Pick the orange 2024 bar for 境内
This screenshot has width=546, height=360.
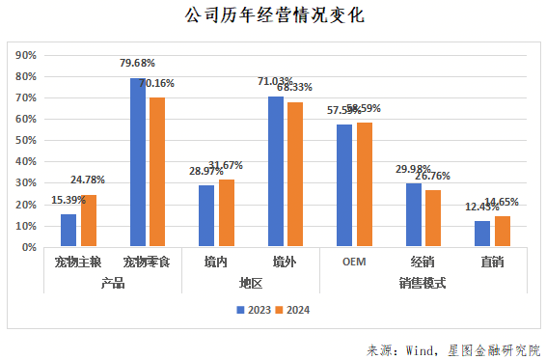tap(227, 212)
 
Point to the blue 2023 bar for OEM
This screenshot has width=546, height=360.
tap(344, 185)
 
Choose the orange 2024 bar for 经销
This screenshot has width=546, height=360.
tap(433, 218)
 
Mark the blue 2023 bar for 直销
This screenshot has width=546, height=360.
tap(482, 234)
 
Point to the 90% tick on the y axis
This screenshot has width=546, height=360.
tap(27, 55)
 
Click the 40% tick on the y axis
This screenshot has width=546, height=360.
tap(27, 161)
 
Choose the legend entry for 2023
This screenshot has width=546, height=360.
tap(254, 310)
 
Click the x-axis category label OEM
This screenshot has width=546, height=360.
tap(353, 261)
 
